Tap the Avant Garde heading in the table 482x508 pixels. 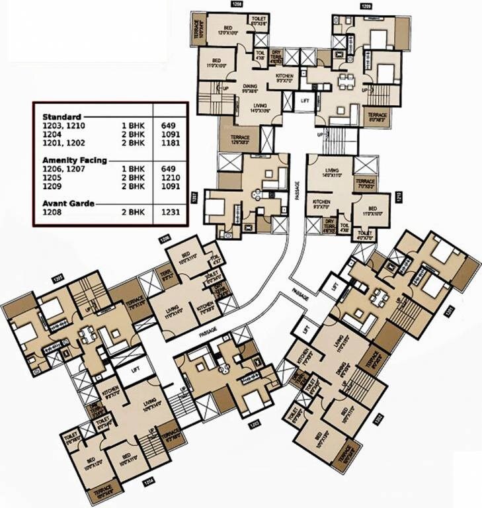pos(65,203)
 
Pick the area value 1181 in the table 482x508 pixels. pos(170,142)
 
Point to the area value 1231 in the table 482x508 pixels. pos(170,214)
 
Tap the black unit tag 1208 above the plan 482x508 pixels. pos(237,5)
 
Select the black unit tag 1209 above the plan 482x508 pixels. pos(366,5)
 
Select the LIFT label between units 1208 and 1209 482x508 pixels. pos(304,101)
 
